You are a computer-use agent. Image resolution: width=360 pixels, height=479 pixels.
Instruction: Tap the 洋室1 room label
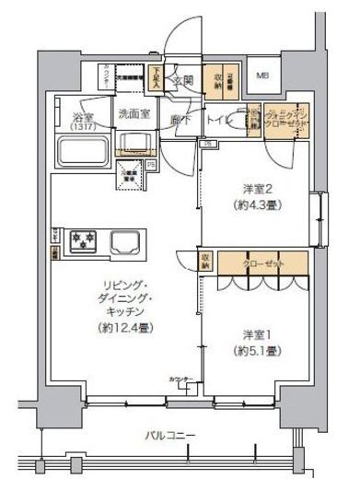pyautogui.click(x=254, y=335)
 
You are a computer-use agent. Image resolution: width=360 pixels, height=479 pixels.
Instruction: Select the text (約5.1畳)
pyautogui.click(x=254, y=351)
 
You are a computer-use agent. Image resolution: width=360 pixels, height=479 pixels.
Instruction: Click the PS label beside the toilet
pyautogui.click(x=207, y=144)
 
